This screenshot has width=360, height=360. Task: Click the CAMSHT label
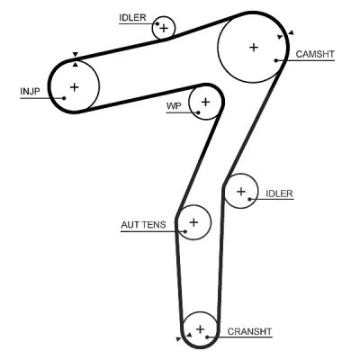tap(315, 54)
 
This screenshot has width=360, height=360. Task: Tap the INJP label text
tap(30, 91)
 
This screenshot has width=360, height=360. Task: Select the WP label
tap(174, 106)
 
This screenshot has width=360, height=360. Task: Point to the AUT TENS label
tap(143, 225)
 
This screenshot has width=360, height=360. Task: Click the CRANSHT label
tap(249, 331)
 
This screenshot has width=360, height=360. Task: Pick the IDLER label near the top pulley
tap(132, 18)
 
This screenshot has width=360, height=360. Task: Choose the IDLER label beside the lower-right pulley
tap(279, 193)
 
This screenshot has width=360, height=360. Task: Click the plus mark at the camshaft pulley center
tap(254, 48)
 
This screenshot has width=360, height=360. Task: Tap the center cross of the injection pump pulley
tap(74, 87)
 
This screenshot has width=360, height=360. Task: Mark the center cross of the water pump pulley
tap(205, 103)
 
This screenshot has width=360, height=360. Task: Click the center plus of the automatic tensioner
tap(193, 222)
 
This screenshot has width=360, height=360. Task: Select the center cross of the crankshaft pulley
tap(200, 329)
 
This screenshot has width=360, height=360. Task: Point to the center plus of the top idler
tap(164, 29)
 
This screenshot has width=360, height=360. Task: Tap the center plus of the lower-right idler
tap(241, 192)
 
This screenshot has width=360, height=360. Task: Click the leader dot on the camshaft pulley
tap(276, 60)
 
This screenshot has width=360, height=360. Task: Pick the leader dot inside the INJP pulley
tap(64, 98)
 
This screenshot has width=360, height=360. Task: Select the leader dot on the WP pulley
tap(198, 112)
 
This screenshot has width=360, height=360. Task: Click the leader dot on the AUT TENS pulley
tap(185, 231)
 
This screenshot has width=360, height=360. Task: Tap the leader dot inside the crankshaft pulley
tap(207, 337)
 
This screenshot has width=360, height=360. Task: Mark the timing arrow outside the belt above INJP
tap(76, 54)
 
